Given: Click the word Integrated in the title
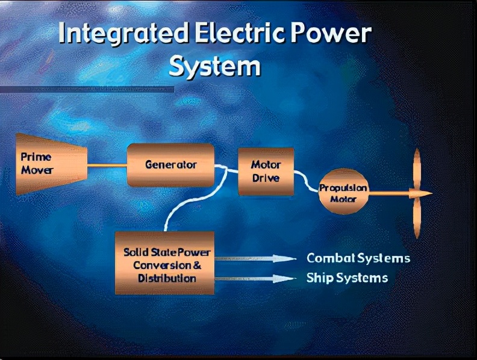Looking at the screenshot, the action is click(123, 33).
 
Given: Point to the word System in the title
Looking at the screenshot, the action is click(215, 66).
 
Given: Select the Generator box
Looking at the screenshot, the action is click(170, 165).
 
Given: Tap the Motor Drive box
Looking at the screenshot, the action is click(266, 172).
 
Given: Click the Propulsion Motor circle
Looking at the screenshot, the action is click(343, 191).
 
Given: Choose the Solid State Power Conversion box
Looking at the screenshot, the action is click(164, 263).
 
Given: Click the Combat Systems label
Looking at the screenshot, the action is click(358, 258).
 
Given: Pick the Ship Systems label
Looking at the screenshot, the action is click(347, 278).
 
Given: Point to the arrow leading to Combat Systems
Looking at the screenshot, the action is click(255, 259).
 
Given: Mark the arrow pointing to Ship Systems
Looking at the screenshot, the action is click(255, 279).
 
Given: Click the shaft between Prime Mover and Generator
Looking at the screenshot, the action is click(107, 166).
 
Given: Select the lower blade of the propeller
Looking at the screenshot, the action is click(417, 217).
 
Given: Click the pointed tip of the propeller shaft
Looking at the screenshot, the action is click(432, 193).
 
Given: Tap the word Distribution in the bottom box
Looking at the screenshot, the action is click(167, 279).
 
